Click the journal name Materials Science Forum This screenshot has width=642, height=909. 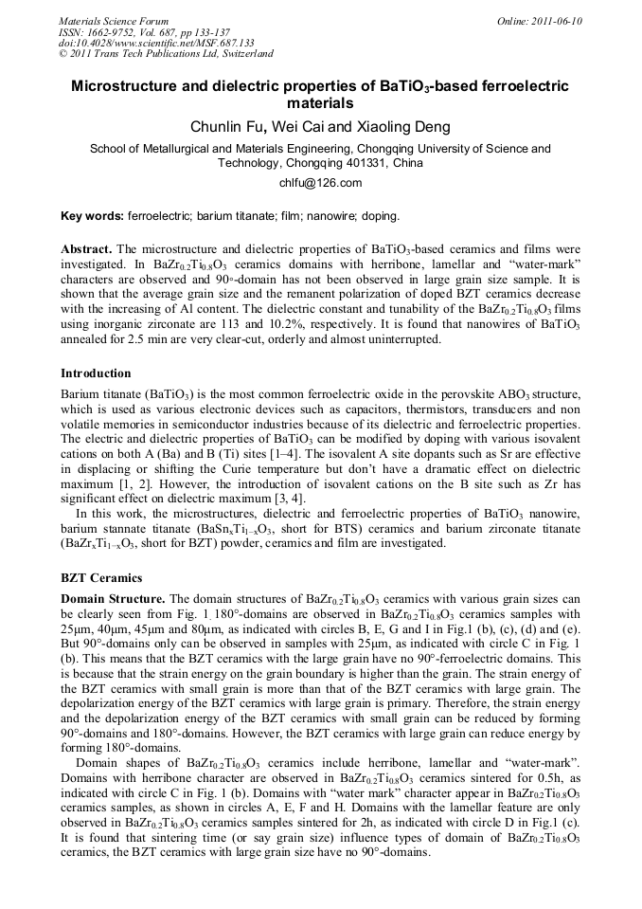click(114, 21)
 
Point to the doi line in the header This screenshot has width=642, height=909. click(156, 44)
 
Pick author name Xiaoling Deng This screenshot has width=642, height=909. click(390, 127)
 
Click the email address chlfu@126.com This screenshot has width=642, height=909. click(320, 183)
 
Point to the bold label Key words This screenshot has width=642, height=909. click(91, 216)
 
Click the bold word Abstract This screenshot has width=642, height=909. click(86, 248)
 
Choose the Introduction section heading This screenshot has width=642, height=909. click(96, 373)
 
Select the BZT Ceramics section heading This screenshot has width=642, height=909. click(101, 577)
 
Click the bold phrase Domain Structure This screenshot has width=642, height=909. click(113, 598)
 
